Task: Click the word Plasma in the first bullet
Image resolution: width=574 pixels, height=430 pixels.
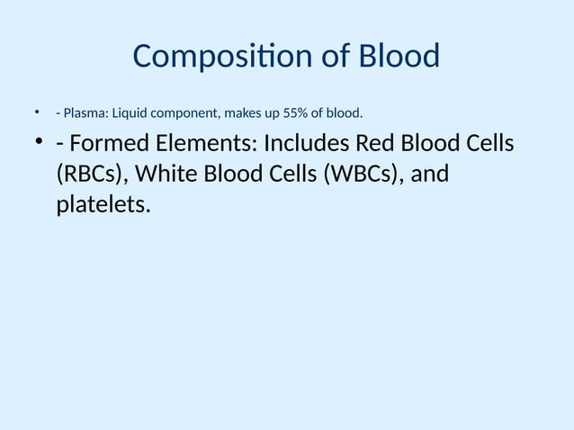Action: click(84, 113)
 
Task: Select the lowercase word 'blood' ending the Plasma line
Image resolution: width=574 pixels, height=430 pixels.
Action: click(343, 113)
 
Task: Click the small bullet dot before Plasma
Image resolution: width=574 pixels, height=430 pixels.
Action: click(38, 112)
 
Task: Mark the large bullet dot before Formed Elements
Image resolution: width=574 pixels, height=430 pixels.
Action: click(39, 144)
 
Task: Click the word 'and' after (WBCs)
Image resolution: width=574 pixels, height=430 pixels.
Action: click(429, 175)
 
